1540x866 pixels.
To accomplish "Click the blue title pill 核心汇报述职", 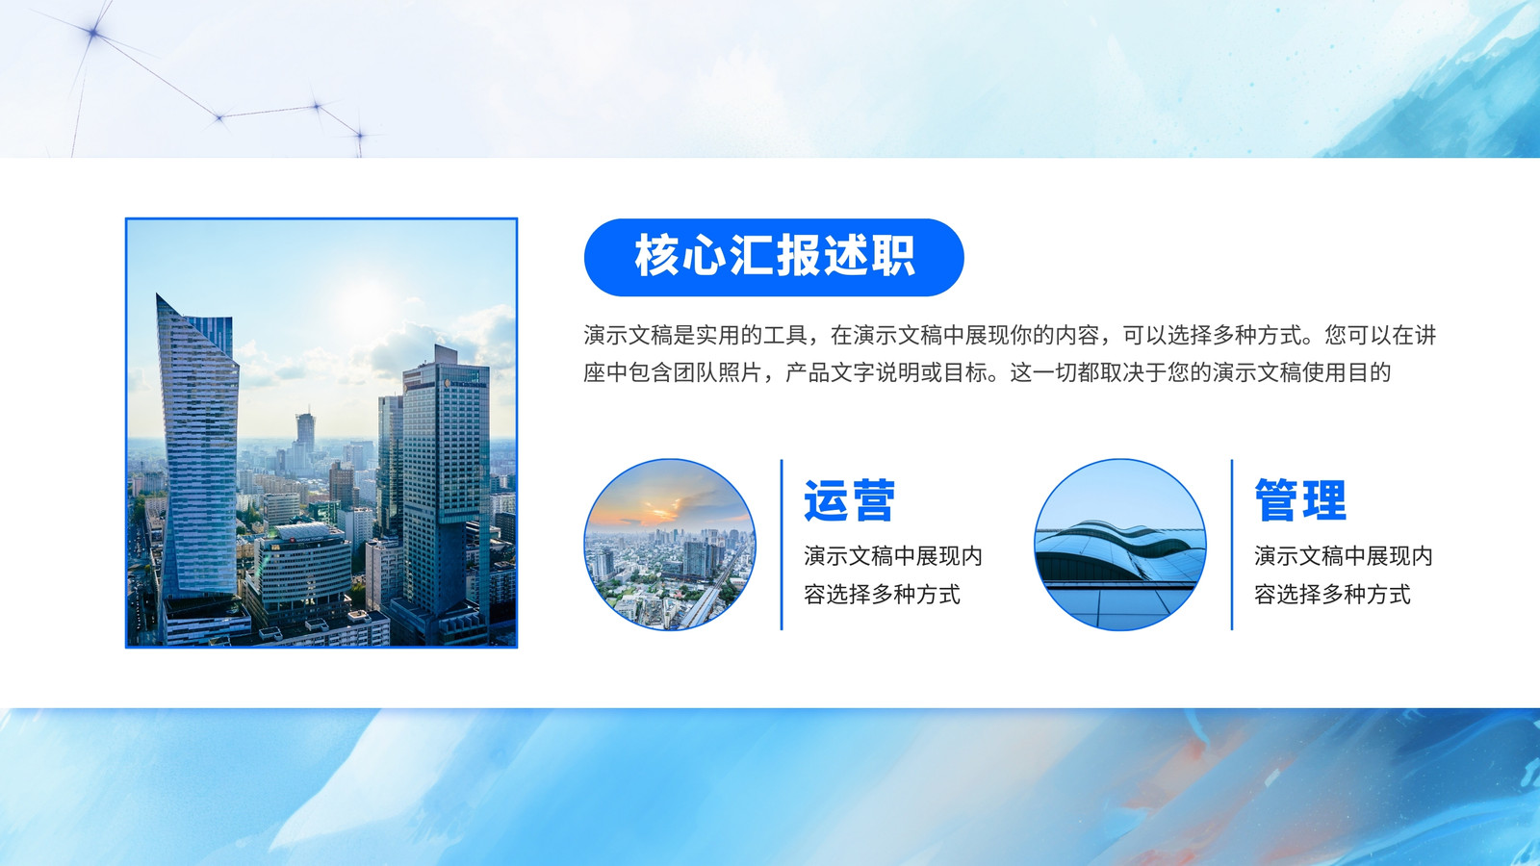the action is tap(774, 257).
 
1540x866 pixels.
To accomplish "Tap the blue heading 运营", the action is tap(849, 500).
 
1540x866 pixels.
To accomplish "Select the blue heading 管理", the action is tap(1300, 500).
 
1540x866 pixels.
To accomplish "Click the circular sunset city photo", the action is tap(670, 545).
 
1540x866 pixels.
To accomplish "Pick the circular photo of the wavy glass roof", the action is tap(1120, 545).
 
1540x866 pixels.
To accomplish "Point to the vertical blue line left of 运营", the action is tap(782, 545).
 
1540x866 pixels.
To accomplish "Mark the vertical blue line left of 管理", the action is tap(1232, 545).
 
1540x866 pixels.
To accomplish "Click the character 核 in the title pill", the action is tap(656, 256).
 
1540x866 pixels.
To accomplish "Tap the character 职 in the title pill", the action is tap(894, 256).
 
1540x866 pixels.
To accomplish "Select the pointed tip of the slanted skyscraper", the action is tap(158, 294).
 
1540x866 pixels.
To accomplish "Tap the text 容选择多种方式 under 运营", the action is tap(882, 595).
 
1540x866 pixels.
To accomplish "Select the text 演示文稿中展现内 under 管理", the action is tap(1343, 556).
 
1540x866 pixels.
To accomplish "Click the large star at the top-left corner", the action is tap(93, 32).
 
